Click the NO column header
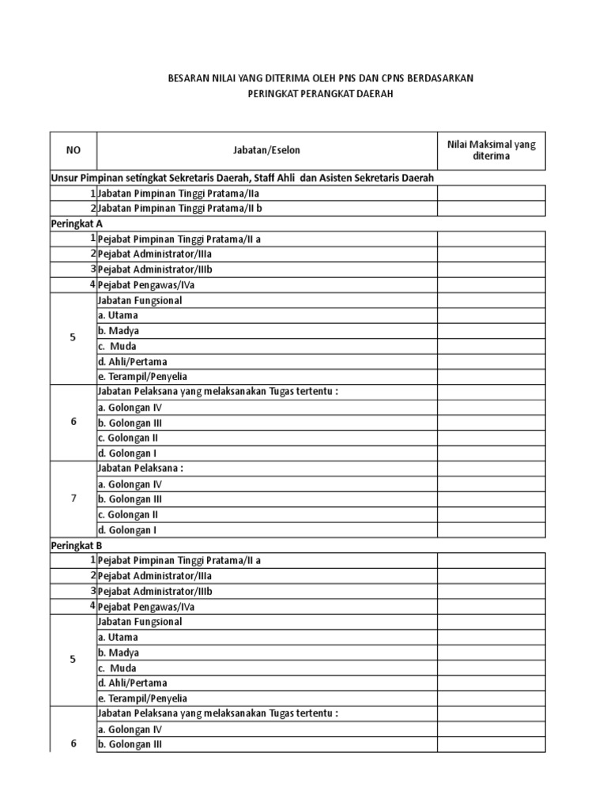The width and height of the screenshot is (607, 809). [x=73, y=149]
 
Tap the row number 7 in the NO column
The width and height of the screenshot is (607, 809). [x=73, y=499]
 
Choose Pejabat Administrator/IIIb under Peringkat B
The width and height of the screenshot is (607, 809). [x=155, y=591]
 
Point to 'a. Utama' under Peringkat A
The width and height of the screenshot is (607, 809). [x=118, y=315]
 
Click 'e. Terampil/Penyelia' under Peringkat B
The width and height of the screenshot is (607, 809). [x=142, y=698]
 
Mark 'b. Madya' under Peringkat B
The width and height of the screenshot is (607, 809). [x=119, y=653]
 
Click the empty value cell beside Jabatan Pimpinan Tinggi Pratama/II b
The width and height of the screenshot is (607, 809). [x=492, y=209]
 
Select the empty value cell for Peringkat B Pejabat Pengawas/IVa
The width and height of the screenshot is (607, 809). [x=492, y=607]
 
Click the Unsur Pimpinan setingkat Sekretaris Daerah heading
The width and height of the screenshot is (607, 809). [x=243, y=178]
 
